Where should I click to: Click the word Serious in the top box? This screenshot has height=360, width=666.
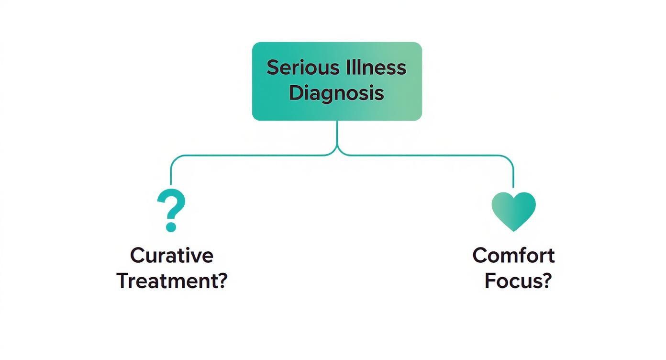299,67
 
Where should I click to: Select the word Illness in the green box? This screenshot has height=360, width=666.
371,67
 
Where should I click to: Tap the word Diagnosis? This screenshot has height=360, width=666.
336,92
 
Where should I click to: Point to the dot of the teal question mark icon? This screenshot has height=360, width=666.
171,227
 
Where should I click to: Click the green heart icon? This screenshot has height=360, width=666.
513,210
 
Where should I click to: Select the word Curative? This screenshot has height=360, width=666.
171,255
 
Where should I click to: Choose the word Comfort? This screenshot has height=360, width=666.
513,255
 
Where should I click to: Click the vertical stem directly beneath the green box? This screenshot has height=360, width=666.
337,132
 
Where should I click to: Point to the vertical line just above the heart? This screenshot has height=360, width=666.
513,177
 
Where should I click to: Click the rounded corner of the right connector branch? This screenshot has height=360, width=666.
510,159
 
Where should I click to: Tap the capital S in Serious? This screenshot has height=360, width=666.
272,67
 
